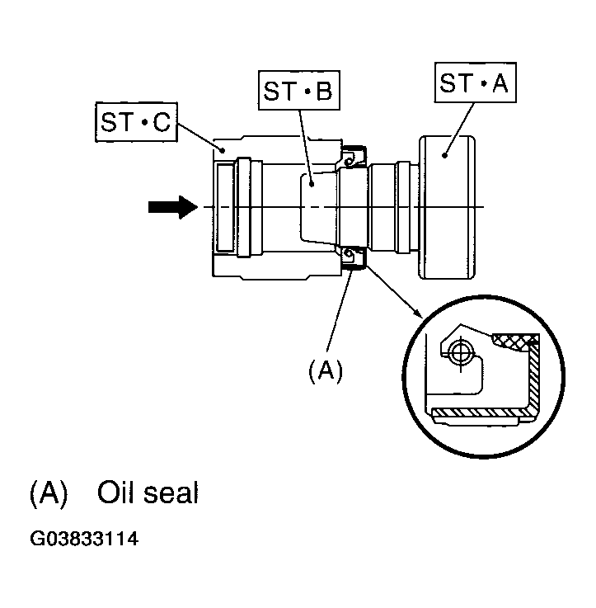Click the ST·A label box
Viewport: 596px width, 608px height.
475,82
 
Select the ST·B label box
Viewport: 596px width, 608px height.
298,91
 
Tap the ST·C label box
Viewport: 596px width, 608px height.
136,122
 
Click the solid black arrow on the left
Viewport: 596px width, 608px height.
173,207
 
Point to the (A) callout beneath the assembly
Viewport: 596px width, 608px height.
326,370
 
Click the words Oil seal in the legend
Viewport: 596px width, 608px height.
148,493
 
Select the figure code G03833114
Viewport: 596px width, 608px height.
84,539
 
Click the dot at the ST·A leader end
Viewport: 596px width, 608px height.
444,155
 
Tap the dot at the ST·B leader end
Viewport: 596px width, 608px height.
311,185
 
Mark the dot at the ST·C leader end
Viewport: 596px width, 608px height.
223,149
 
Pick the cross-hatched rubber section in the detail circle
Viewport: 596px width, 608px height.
515,341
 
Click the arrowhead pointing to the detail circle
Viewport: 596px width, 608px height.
417,313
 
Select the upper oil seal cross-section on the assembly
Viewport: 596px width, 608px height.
353,157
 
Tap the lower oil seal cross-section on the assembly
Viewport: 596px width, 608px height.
353,257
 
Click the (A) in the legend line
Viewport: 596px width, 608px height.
49,493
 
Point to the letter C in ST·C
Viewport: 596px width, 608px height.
162,123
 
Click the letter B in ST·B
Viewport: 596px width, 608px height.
324,91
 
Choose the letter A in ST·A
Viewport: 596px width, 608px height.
500,82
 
